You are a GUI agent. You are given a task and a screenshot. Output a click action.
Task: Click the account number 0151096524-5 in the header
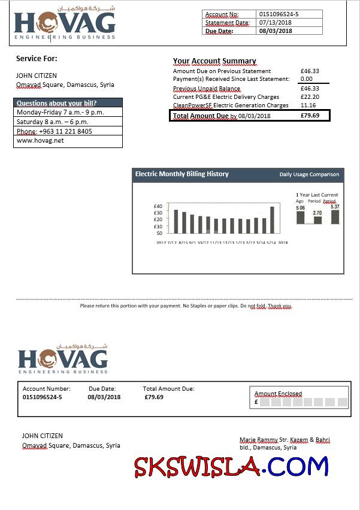279,14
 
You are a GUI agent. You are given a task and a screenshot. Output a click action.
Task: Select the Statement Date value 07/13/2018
275,23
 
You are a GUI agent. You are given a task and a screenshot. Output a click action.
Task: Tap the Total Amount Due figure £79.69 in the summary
310,116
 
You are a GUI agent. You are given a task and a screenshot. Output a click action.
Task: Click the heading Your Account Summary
214,61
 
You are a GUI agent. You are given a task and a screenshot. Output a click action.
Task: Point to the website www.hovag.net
40,141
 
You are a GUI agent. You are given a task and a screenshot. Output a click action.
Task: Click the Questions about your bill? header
57,103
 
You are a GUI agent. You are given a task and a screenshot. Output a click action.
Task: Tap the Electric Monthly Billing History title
182,174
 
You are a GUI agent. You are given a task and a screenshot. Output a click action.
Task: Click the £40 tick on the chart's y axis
158,206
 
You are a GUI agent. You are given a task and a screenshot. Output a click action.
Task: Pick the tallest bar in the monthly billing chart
272,220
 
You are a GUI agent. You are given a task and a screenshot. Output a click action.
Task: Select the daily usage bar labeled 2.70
317,220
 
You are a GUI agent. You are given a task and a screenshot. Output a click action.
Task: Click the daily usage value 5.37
335,207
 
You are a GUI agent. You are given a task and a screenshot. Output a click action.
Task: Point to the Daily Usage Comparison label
309,175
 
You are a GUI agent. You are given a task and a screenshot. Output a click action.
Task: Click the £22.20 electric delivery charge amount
310,97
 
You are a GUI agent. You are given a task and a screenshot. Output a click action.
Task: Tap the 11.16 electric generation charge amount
307,105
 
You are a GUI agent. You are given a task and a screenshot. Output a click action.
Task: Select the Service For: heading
37,59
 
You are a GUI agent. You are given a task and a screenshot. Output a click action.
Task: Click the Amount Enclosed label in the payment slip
278,394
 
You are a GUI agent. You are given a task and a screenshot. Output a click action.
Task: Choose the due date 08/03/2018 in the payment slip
104,397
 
